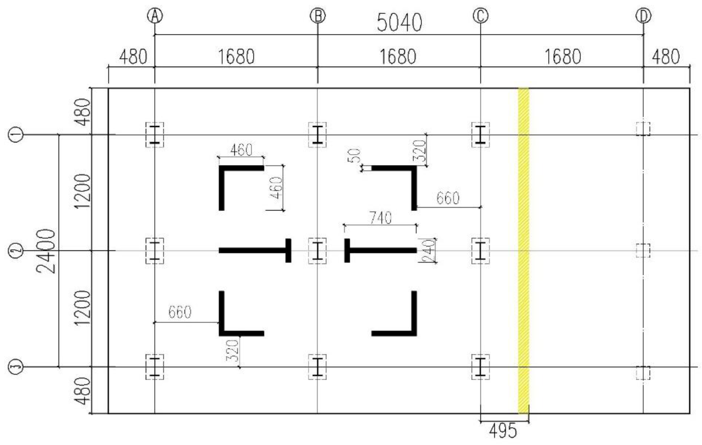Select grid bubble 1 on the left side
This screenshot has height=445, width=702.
click(x=15, y=135)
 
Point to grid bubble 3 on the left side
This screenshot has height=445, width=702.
click(x=15, y=367)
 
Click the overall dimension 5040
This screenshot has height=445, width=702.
click(x=399, y=23)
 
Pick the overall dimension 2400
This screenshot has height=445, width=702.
click(x=46, y=251)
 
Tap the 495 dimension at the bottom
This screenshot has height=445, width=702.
click(x=503, y=431)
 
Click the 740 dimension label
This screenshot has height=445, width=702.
click(x=380, y=218)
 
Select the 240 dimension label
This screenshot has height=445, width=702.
click(x=428, y=250)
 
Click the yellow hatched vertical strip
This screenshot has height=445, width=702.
click(x=523, y=251)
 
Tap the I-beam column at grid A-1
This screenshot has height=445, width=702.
click(x=155, y=135)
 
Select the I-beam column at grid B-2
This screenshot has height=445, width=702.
click(x=317, y=251)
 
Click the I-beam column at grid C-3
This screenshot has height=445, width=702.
click(x=480, y=367)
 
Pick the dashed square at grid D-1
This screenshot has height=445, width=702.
click(x=643, y=129)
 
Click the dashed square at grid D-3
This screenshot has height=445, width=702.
click(x=643, y=373)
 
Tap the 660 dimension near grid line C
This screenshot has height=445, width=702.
click(x=448, y=198)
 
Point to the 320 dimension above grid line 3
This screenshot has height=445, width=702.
click(x=233, y=350)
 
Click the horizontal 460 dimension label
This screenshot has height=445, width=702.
click(x=241, y=150)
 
